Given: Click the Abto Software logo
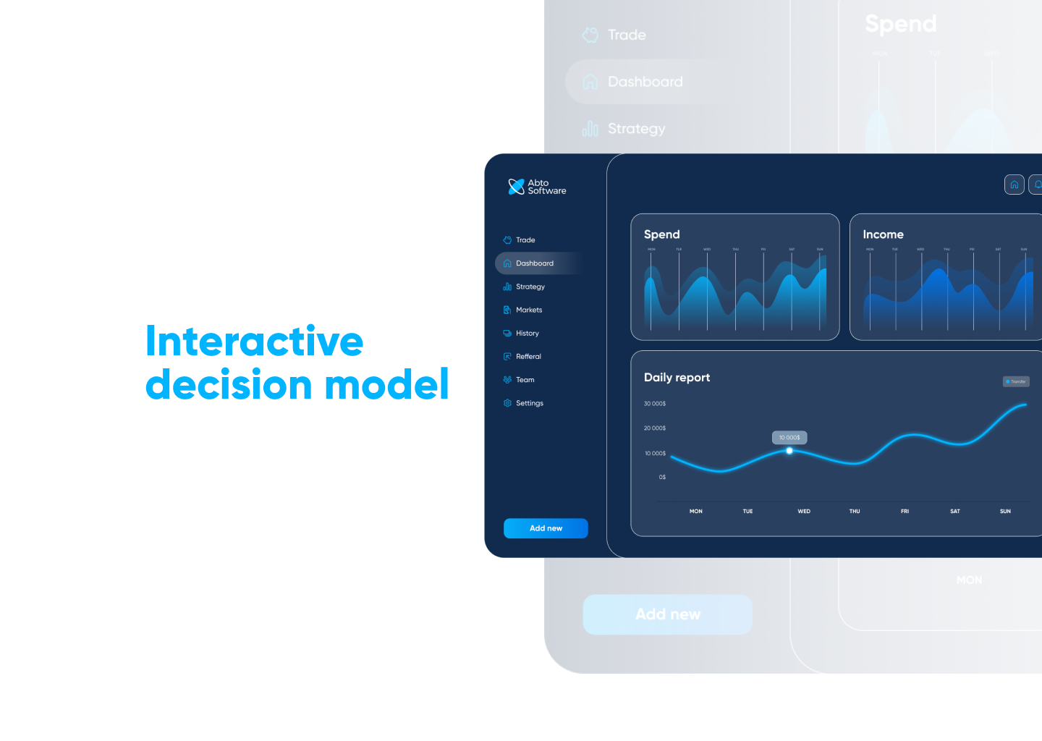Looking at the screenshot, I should (x=537, y=187).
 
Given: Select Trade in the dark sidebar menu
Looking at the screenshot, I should (x=525, y=240).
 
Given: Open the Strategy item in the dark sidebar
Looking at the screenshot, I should (x=530, y=287).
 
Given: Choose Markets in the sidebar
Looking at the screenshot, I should (x=528, y=310).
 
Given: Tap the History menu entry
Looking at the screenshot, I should (x=527, y=334).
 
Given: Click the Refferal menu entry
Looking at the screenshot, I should (x=528, y=357).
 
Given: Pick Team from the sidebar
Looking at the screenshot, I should (x=525, y=380).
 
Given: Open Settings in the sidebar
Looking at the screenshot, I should (x=529, y=403).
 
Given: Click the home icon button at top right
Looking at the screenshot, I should (x=1015, y=185).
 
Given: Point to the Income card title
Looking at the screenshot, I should (x=883, y=234).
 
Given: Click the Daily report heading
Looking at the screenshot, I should (x=677, y=378).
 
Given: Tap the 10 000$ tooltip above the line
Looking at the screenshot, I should (x=789, y=437).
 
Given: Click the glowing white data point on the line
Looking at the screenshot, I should (x=789, y=451).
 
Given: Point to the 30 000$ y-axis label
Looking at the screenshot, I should (x=655, y=404).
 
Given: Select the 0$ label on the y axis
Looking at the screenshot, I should (x=662, y=478).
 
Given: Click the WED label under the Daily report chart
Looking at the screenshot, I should (x=804, y=512).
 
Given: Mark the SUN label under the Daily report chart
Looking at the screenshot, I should (x=1005, y=512).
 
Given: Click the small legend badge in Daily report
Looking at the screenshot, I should (x=1016, y=381).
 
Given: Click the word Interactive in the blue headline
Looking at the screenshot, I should (x=255, y=342).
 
